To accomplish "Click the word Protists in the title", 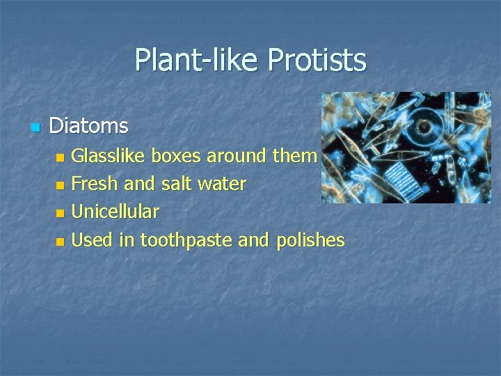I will click(x=321, y=60).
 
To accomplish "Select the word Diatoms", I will click(x=89, y=126).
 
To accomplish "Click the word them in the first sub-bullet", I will click(x=294, y=155).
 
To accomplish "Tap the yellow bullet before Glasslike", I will click(x=60, y=157).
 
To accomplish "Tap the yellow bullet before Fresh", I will click(x=60, y=185).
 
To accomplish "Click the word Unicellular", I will click(x=116, y=212).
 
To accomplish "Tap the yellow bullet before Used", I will click(x=60, y=242).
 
